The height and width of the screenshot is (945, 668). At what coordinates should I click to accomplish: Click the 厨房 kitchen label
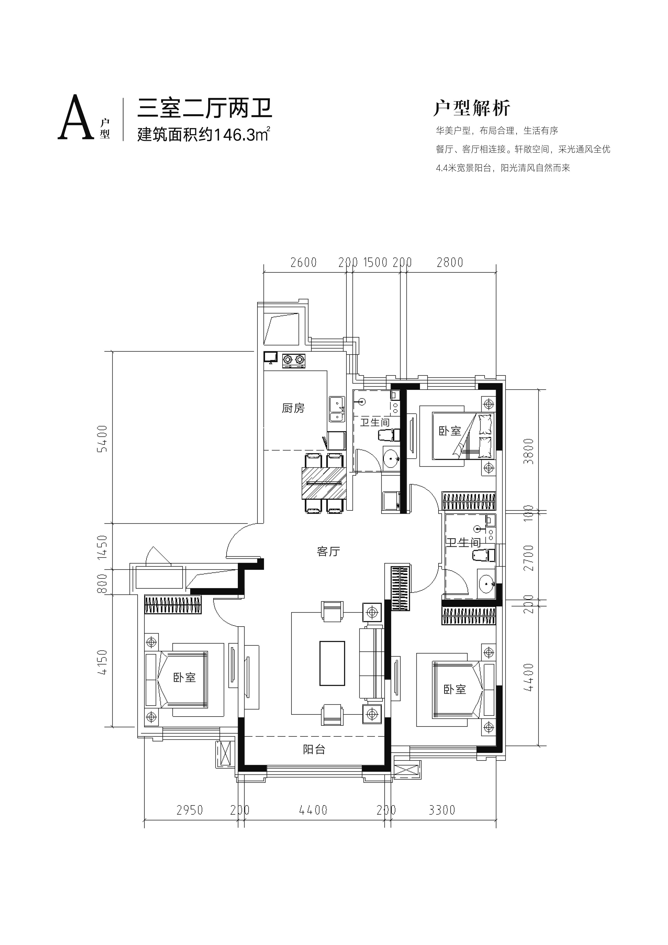(293, 408)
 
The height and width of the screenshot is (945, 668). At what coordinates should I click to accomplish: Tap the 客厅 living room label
(328, 551)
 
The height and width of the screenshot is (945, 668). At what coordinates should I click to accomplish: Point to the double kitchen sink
(337, 409)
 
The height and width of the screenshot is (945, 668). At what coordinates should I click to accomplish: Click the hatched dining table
(324, 483)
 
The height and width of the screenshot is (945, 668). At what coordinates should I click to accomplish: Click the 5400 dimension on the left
(102, 439)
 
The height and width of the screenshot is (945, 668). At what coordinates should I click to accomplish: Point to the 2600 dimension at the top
(303, 263)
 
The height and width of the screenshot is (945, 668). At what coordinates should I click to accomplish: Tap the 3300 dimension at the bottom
(442, 810)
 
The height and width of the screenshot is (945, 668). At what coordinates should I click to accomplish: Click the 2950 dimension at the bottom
(190, 810)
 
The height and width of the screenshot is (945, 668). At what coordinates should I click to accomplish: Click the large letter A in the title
(75, 118)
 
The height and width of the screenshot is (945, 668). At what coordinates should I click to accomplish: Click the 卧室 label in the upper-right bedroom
(450, 431)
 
